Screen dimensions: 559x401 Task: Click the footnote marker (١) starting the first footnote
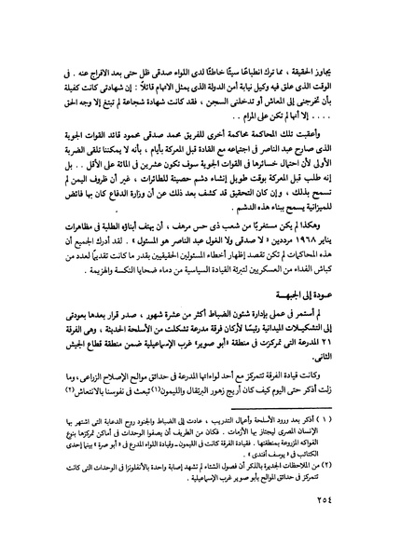pos(339,446)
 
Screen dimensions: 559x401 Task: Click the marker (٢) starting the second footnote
pos(339,488)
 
